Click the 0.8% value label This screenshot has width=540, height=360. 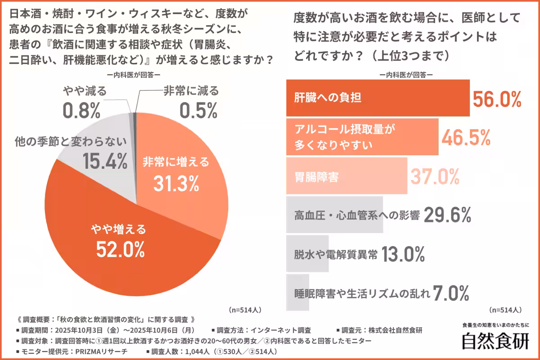tap(81, 111)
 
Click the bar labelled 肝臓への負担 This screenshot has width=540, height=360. tap(378, 98)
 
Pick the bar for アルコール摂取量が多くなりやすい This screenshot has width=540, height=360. tap(362, 137)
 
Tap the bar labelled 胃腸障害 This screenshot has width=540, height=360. tap(346, 176)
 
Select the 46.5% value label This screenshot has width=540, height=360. tap(465, 137)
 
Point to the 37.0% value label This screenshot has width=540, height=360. tap(434, 176)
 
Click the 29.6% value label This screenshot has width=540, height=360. tap(447, 215)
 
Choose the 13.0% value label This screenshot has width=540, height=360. tap(403, 255)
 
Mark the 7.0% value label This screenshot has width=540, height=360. tap(451, 293)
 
